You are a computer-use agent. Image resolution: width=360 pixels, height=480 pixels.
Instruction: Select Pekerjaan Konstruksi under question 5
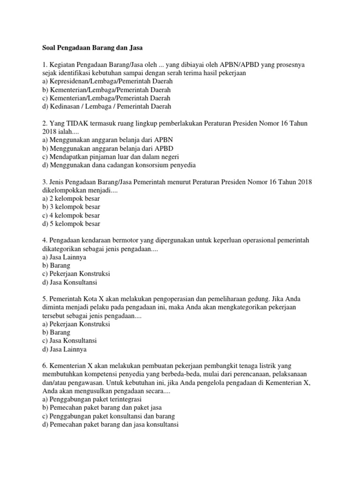76,324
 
